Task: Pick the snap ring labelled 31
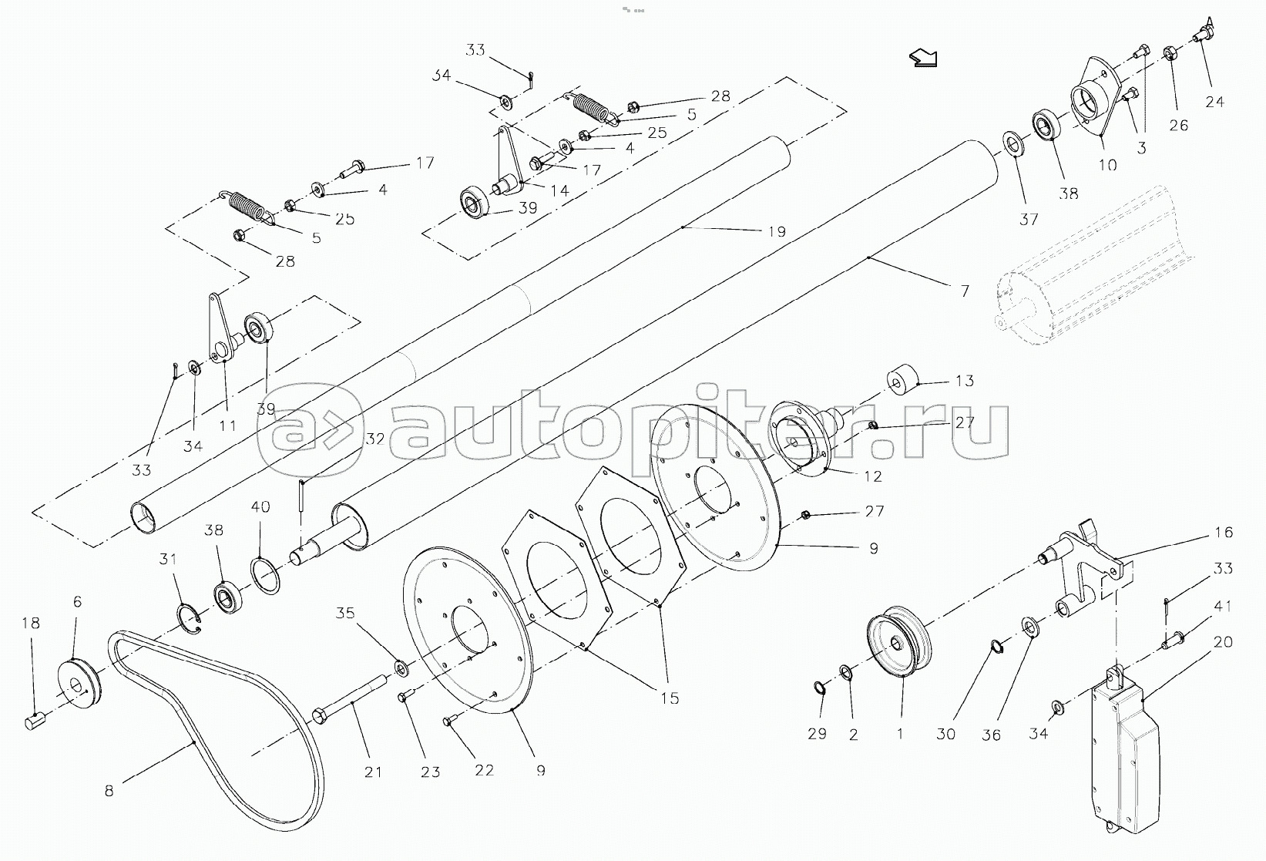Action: pyautogui.click(x=189, y=619)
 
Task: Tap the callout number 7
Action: pyautogui.click(x=964, y=291)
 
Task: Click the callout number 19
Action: pyautogui.click(x=777, y=231)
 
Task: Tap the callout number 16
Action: pyautogui.click(x=1223, y=533)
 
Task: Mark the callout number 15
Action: pyautogui.click(x=670, y=698)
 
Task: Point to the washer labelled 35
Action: pyautogui.click(x=401, y=666)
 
